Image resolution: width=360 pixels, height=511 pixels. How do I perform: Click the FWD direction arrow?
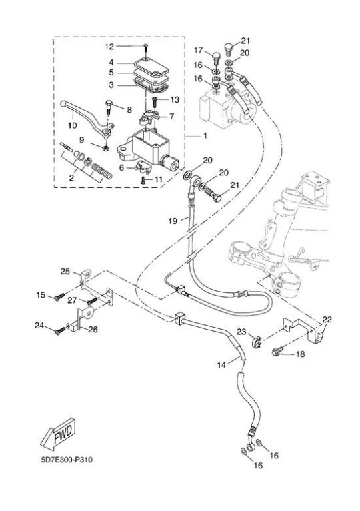57,434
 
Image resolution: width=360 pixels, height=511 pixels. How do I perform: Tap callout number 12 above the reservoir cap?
109,47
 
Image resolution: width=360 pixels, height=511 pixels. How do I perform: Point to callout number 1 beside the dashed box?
205,135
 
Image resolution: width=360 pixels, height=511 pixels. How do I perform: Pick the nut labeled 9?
105,149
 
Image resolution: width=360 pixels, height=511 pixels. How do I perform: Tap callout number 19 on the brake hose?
173,221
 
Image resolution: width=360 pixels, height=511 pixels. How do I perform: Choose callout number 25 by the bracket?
65,271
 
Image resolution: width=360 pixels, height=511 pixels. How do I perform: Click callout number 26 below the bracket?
93,330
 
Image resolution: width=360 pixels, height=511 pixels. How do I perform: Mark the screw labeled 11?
143,180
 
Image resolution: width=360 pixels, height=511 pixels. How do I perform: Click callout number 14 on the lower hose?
221,365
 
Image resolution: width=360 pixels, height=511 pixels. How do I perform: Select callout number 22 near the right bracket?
327,320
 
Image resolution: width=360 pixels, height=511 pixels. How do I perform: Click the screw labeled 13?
155,101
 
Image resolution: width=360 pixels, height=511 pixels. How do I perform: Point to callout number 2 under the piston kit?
71,178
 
